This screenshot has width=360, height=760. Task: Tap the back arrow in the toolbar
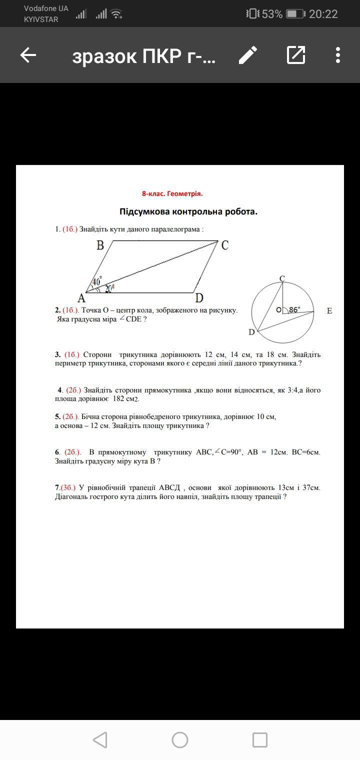tap(28, 55)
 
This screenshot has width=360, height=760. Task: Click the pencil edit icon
tap(248, 55)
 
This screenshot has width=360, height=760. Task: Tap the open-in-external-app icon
tap(296, 55)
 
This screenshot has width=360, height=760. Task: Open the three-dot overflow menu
tap(338, 55)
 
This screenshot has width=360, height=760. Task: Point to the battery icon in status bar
tap(295, 14)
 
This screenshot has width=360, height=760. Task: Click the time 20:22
tap(323, 14)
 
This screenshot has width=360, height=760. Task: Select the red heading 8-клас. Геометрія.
tap(172, 194)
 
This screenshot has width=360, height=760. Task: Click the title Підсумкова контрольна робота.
tap(188, 211)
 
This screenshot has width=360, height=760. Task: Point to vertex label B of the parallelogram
tap(100, 245)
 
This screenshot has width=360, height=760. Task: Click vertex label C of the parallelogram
tap(224, 245)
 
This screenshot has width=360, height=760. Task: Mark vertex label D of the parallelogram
tap(199, 298)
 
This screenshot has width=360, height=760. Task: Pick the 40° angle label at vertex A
tap(96, 281)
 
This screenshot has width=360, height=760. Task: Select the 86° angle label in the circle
tap(294, 309)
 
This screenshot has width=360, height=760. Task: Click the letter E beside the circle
tap(329, 311)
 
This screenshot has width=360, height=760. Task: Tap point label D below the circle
tap(251, 332)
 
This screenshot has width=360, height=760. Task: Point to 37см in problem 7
tap(304, 487)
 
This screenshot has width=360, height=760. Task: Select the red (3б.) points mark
tap(68, 487)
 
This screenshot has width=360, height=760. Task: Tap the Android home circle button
tap(180, 740)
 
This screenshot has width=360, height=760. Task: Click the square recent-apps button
tap(259, 740)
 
